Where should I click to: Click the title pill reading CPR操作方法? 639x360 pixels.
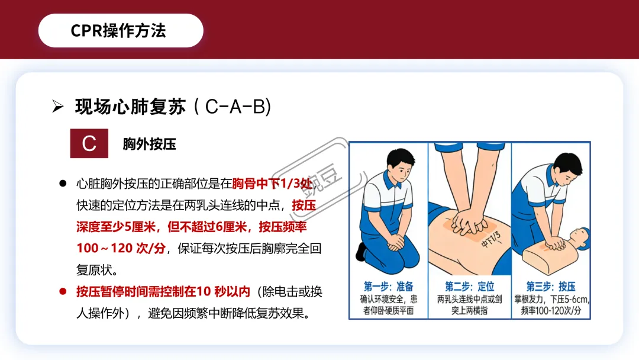(x=121, y=31)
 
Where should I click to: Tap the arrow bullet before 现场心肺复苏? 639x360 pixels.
(x=58, y=107)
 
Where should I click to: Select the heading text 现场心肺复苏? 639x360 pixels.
(x=130, y=107)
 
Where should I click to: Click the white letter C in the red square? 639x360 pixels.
(x=89, y=143)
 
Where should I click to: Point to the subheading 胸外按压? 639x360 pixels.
(x=149, y=144)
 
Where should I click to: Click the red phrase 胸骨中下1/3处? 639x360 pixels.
(x=272, y=184)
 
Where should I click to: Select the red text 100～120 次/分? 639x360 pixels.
(x=121, y=248)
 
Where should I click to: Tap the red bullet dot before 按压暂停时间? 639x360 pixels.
(x=63, y=291)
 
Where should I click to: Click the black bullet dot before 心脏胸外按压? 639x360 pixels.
(x=63, y=184)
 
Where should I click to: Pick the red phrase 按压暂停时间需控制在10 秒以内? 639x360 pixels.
(x=163, y=291)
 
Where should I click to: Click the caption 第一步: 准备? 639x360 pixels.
(x=388, y=286)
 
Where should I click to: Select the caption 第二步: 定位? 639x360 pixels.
(x=469, y=286)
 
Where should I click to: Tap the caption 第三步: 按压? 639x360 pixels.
(x=551, y=286)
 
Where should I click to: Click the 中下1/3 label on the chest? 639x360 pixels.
(x=491, y=239)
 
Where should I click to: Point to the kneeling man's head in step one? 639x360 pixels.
(x=401, y=165)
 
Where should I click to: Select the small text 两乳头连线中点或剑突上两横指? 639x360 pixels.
(x=469, y=304)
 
